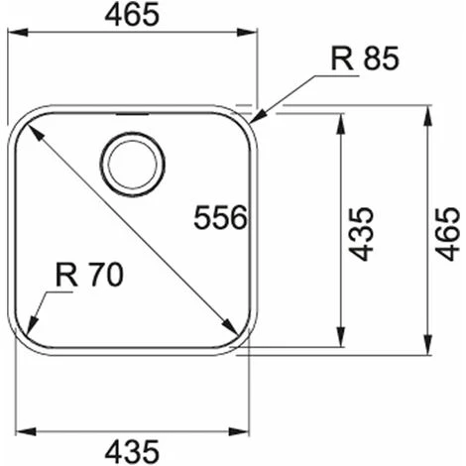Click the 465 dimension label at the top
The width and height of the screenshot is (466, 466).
pos(132,15)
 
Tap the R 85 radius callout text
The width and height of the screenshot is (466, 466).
pos(365,58)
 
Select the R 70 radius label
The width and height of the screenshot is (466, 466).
pos(89,275)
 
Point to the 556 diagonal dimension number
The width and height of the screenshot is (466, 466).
pos(220,217)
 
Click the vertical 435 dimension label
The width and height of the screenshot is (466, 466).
pos(361,234)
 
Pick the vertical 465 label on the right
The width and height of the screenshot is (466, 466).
pos(447,234)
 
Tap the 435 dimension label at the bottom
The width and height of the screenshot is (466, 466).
pos(132,451)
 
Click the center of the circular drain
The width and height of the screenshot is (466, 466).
pos(132,165)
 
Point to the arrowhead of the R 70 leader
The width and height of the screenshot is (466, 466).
pos(32,326)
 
